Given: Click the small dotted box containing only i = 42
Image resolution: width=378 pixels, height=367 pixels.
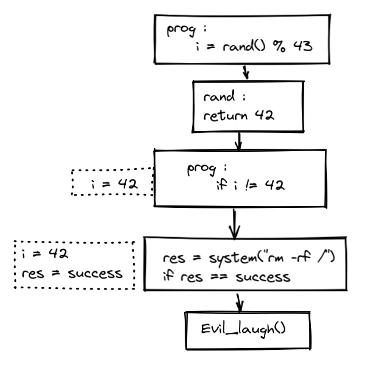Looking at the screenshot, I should click(x=112, y=182).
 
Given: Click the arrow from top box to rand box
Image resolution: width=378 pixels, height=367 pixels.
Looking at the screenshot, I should click(x=246, y=71).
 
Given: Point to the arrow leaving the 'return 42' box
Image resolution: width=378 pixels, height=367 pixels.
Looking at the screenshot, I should click(x=238, y=141).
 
